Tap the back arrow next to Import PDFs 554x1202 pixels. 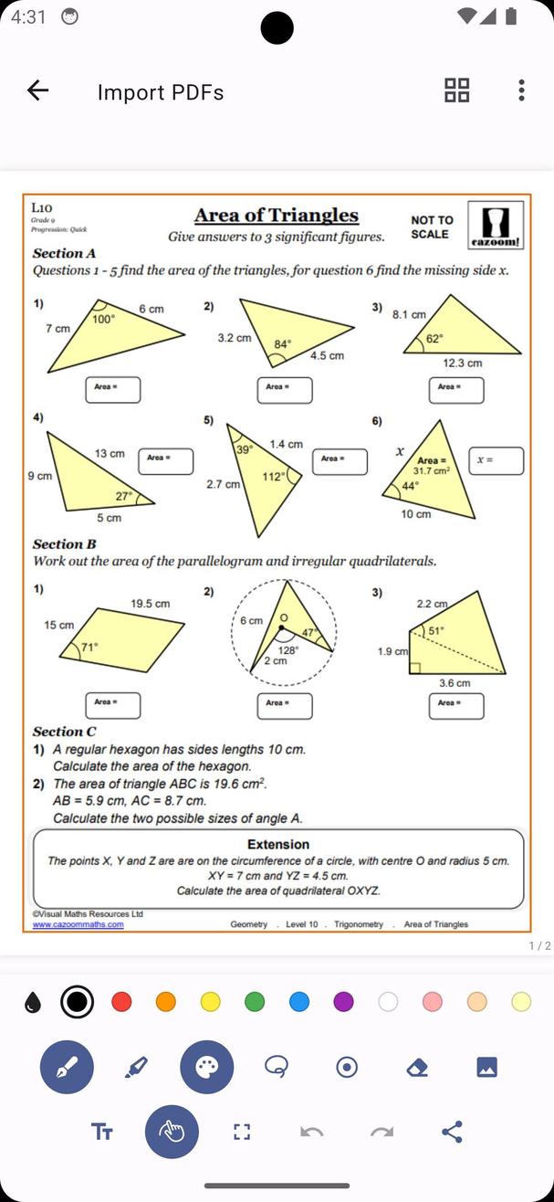click(37, 90)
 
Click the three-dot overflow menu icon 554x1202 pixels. click(521, 90)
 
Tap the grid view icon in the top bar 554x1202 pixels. click(456, 90)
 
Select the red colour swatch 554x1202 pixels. click(121, 1002)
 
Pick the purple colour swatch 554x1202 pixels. click(343, 1002)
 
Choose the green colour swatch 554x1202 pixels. click(255, 1002)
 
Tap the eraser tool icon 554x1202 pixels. click(416, 1067)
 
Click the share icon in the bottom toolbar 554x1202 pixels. click(452, 1132)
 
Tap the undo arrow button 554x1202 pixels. click(311, 1132)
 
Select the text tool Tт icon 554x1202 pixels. click(101, 1132)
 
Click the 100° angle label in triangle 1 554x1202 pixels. click(104, 320)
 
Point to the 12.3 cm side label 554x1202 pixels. click(462, 363)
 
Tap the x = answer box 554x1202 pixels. click(497, 460)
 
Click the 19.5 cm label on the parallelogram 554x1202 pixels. click(150, 604)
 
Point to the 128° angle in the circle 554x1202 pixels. click(287, 650)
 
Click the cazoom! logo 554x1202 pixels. click(496, 225)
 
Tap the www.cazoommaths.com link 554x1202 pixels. click(78, 924)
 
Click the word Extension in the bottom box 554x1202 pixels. click(278, 845)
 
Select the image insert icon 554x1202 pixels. click(486, 1067)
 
